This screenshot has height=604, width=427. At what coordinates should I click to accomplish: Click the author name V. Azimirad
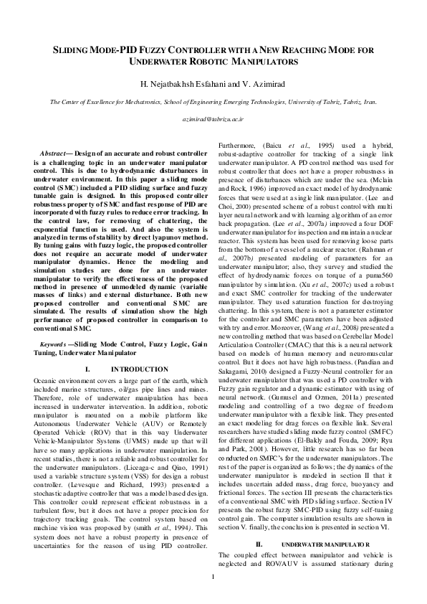point(262,85)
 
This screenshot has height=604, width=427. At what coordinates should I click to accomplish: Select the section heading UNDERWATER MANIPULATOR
point(321,544)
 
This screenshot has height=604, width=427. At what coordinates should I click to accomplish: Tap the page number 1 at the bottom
point(213,577)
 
